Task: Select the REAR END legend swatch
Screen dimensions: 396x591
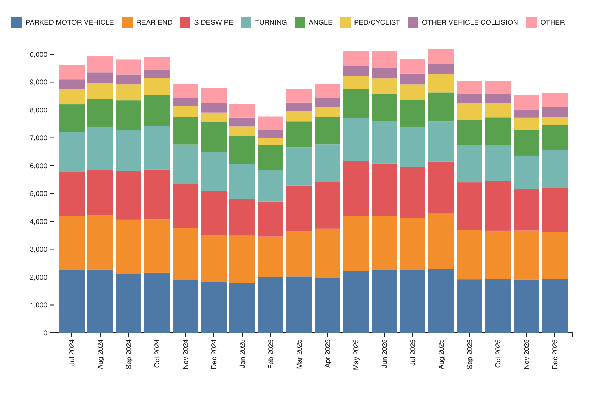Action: tap(127, 22)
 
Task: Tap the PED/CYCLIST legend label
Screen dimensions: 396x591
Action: tap(377, 22)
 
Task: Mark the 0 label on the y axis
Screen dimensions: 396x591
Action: tap(45, 333)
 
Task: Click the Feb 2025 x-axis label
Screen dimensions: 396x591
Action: tap(271, 354)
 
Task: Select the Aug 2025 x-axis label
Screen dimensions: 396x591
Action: tap(441, 354)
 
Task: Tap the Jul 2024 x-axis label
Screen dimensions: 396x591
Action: tap(72, 353)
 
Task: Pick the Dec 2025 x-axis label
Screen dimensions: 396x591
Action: tap(555, 354)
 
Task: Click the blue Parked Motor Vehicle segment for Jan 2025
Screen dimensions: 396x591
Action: tap(242, 308)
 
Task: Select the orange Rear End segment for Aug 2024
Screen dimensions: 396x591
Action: tap(100, 242)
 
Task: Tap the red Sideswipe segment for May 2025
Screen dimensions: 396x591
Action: tap(356, 188)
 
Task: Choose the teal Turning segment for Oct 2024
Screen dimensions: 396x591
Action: tap(157, 148)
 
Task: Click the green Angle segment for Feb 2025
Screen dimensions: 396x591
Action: tap(271, 157)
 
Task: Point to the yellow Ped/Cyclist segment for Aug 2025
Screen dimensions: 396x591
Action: tap(441, 83)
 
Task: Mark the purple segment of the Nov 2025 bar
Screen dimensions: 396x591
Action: tap(526, 114)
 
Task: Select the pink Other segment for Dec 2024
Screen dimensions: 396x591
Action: tap(214, 95)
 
